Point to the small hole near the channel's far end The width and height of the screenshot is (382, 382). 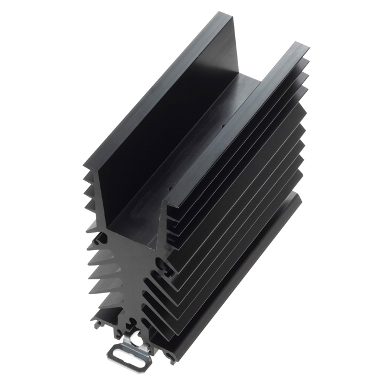224,127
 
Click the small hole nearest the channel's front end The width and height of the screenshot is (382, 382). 170,192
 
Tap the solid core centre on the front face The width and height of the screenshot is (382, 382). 128,281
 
